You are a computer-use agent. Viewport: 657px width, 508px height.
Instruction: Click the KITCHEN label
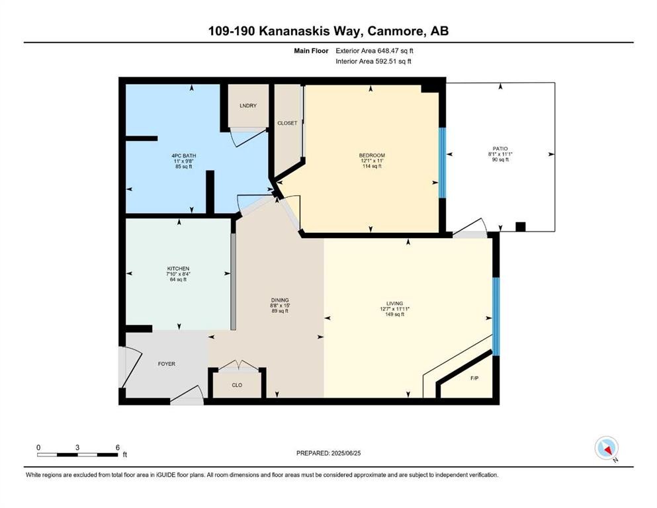coord(178,269)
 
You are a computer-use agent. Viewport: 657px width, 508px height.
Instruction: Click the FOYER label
coord(166,364)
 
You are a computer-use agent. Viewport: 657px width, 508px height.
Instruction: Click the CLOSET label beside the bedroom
coord(287,123)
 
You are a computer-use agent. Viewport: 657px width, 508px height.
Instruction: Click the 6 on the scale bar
coord(118,447)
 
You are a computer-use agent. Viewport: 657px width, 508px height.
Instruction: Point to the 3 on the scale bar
coord(77,447)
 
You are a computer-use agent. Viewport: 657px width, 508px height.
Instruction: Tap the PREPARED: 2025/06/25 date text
coord(330,453)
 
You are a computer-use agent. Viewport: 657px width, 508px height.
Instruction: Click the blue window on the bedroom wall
coord(443,162)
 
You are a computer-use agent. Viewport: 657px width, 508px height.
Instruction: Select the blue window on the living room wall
coord(496,316)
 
